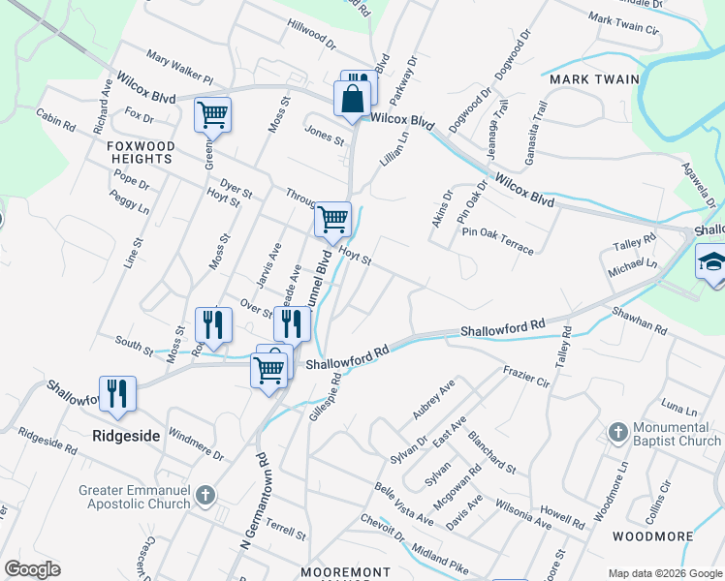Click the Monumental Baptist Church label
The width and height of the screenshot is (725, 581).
[678, 434]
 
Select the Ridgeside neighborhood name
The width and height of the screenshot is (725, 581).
[126, 436]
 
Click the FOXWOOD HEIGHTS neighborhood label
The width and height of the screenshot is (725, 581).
[141, 152]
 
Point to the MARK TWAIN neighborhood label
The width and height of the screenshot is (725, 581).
[594, 79]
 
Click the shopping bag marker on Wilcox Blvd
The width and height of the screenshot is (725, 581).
[351, 100]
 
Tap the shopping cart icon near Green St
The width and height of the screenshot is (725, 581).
[212, 115]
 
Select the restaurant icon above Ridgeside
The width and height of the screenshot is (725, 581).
[117, 394]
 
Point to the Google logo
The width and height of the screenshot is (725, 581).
[32, 569]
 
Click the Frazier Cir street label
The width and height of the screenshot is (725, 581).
[526, 377]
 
